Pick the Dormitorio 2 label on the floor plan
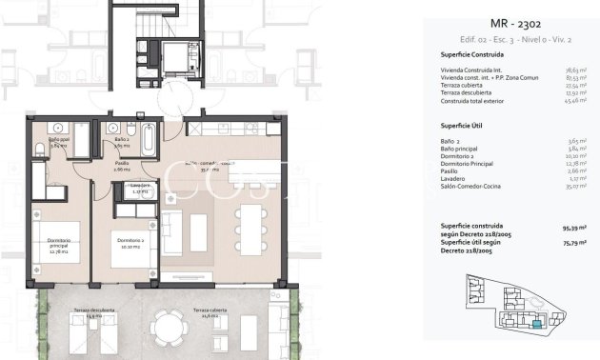click(x=130, y=240)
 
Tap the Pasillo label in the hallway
click(x=122, y=165)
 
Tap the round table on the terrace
click(x=170, y=330)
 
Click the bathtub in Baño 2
click(x=150, y=140)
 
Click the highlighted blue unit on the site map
click(x=539, y=324)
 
